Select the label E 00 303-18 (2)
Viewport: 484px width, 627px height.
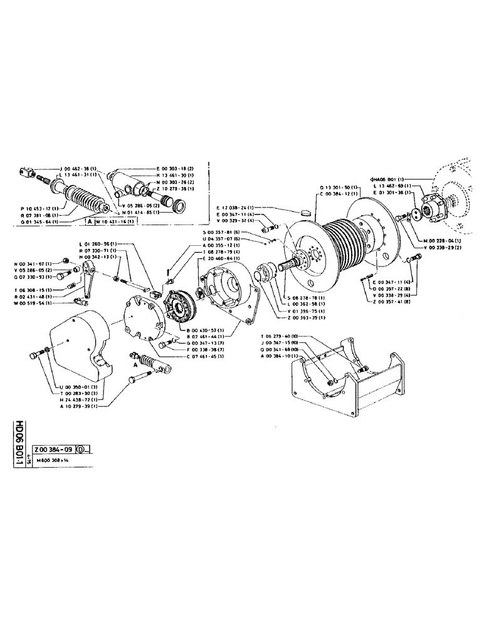[175, 169]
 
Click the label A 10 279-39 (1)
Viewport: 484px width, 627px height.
[78, 406]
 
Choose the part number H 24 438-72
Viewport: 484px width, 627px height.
[78, 399]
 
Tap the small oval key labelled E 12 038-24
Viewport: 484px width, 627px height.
[306, 213]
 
